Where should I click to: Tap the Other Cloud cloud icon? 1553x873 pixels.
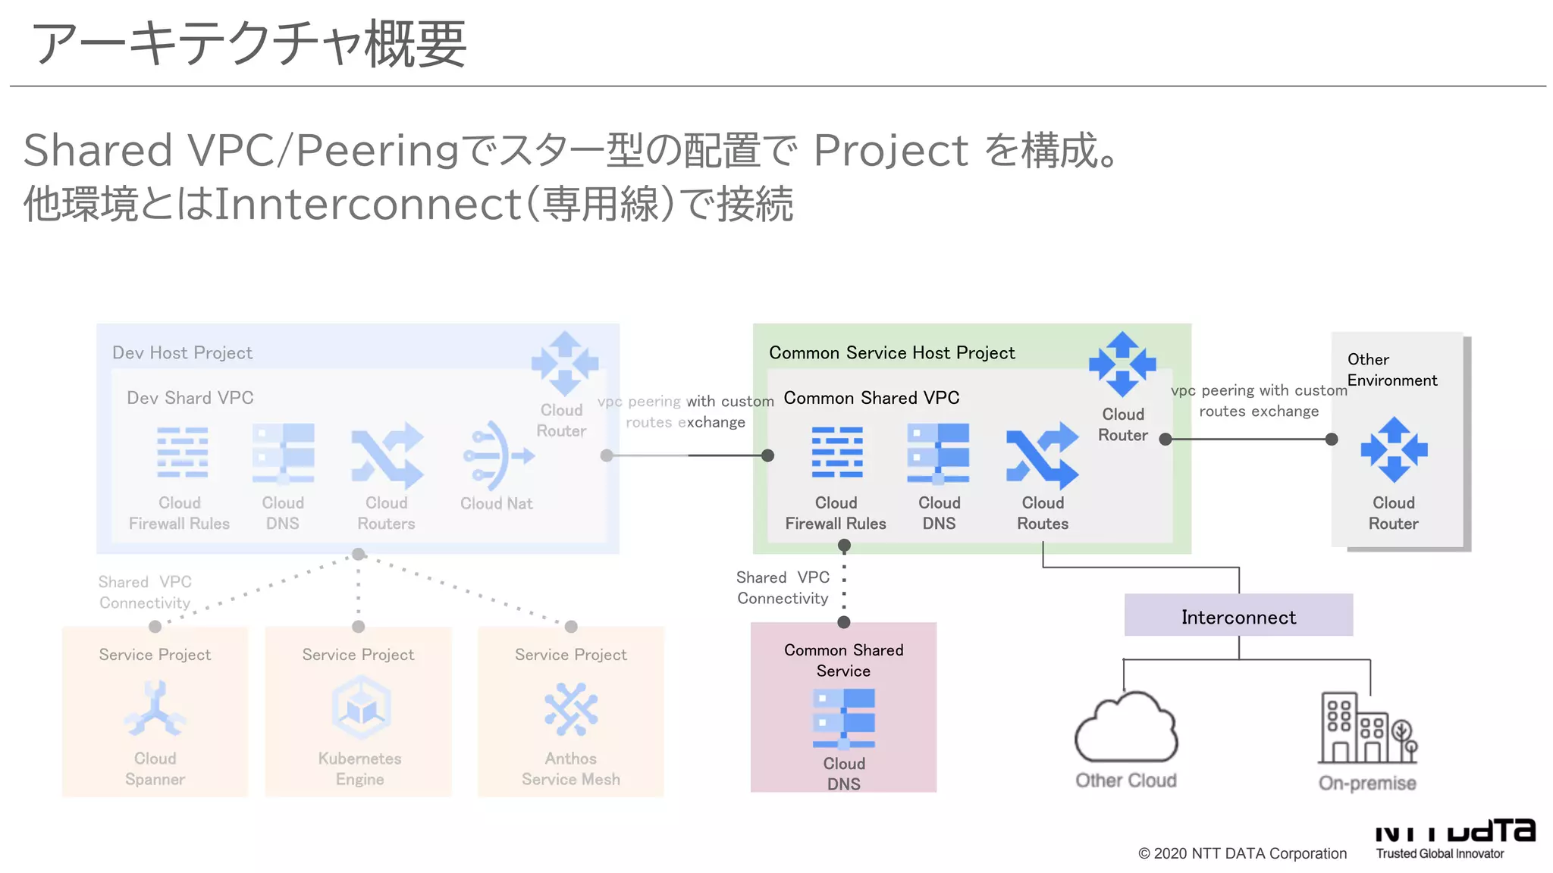pyautogui.click(x=1126, y=727)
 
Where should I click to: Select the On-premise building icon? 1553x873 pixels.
pyautogui.click(x=1366, y=728)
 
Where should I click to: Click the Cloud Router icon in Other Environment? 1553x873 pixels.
pyautogui.click(x=1394, y=449)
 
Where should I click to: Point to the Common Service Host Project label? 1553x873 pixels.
pyautogui.click(x=891, y=352)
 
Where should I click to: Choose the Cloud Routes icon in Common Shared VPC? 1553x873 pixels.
pyautogui.click(x=1042, y=455)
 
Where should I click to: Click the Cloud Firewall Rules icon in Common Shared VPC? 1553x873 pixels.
pyautogui.click(x=836, y=452)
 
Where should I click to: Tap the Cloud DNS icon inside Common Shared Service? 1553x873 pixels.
pyautogui.click(x=843, y=718)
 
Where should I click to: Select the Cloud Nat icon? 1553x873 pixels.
pyautogui.click(x=497, y=456)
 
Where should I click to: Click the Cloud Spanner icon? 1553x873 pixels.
pyautogui.click(x=155, y=709)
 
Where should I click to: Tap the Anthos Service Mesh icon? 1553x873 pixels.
pyautogui.click(x=570, y=709)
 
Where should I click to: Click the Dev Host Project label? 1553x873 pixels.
pyautogui.click(x=182, y=352)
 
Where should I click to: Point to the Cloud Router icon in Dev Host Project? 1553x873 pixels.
pyautogui.click(x=564, y=364)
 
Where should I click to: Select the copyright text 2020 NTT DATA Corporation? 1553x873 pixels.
pyautogui.click(x=1242, y=853)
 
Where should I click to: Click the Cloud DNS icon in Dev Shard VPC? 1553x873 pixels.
pyautogui.click(x=283, y=453)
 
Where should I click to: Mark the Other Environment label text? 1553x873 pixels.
pyautogui.click(x=1391, y=370)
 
